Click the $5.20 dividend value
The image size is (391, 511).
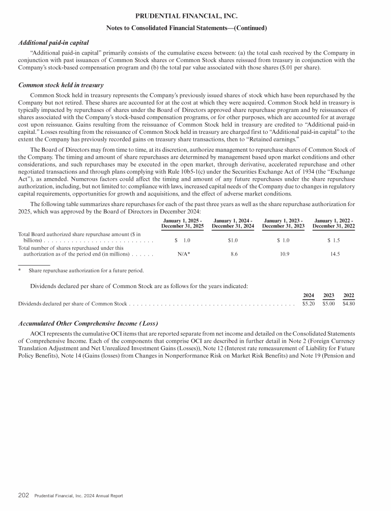(x=309, y=304)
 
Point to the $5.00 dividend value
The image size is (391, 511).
(x=328, y=304)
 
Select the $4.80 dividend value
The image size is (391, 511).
(x=349, y=304)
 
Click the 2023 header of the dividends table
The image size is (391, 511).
(x=328, y=295)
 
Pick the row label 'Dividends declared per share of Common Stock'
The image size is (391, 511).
(x=72, y=304)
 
